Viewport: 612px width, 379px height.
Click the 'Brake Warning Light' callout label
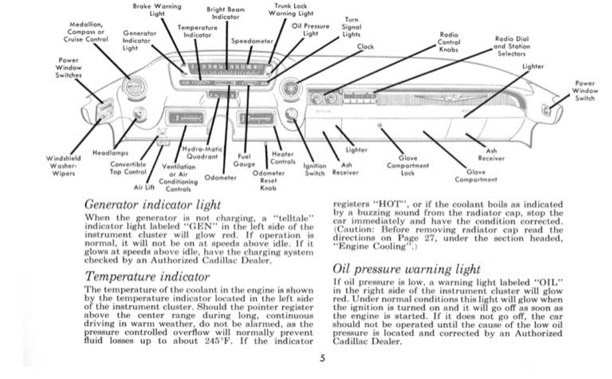pyautogui.click(x=157, y=10)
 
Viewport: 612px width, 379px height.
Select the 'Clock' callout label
pyautogui.click(x=365, y=47)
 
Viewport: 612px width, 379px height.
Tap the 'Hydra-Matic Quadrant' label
pyautogui.click(x=195, y=153)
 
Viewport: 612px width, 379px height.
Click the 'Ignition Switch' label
pyautogui.click(x=314, y=170)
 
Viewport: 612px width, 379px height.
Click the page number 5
pyautogui.click(x=322, y=359)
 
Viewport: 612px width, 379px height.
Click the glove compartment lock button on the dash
pyautogui.click(x=380, y=125)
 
